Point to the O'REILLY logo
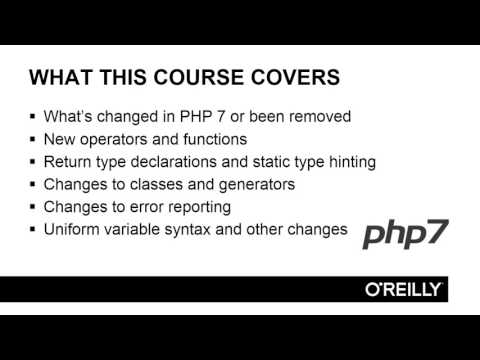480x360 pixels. point(405,289)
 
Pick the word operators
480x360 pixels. point(118,139)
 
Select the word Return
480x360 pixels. point(68,161)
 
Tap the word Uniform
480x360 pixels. point(71,229)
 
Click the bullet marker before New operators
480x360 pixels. point(33,139)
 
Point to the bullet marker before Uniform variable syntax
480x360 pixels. point(33,229)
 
